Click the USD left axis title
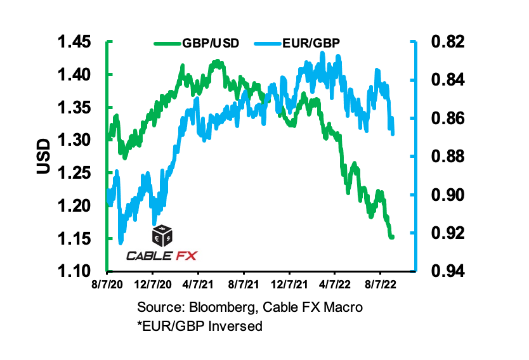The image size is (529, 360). pyautogui.click(x=43, y=157)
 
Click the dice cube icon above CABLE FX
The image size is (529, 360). pyautogui.click(x=162, y=236)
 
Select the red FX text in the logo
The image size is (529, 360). pyautogui.click(x=186, y=256)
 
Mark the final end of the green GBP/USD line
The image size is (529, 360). pyautogui.click(x=393, y=238)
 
